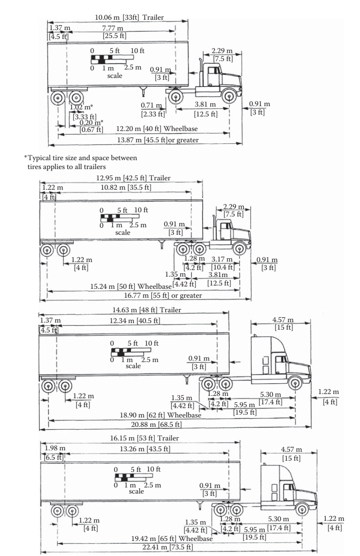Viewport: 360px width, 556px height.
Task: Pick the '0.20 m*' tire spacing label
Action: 92,122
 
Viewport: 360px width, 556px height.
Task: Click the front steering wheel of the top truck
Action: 229,98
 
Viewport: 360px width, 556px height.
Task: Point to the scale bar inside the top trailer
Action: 107,59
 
